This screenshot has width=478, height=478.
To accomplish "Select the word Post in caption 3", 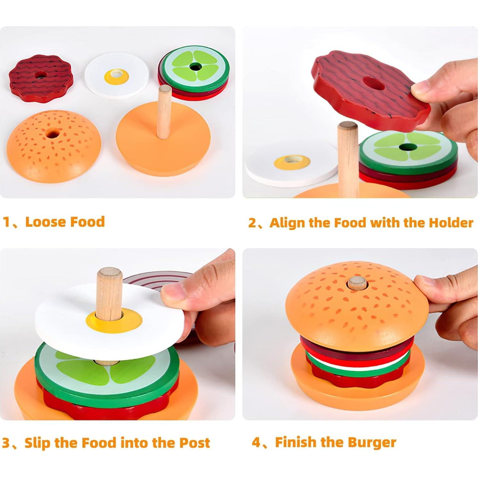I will [194, 443].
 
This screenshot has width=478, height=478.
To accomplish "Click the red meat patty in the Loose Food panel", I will [41, 78].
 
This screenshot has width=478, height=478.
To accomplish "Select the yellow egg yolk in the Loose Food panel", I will [116, 77].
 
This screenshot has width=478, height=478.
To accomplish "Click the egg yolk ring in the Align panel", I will [292, 162].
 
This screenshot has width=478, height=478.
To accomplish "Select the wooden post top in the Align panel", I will [348, 126].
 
